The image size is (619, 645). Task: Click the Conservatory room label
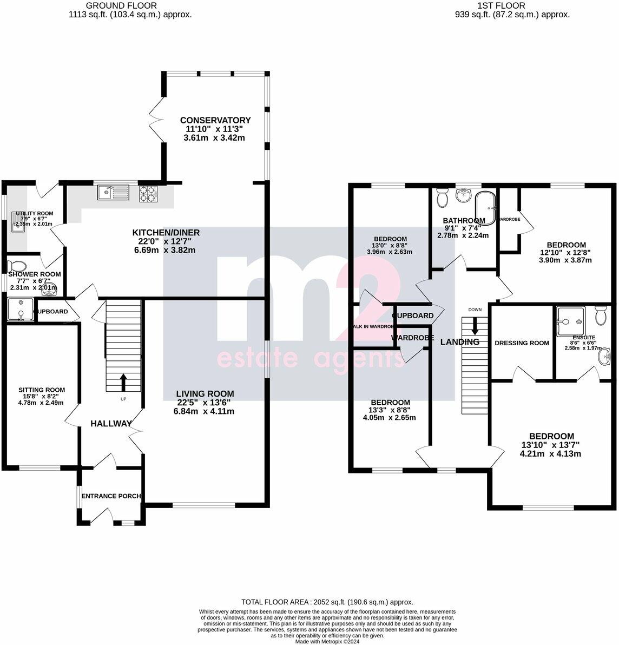pyautogui.click(x=215, y=120)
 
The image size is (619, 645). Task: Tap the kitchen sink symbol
pyautogui.click(x=113, y=192)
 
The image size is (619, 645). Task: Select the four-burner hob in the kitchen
pyautogui.click(x=148, y=193)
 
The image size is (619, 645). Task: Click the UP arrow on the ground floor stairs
pyautogui.click(x=123, y=382)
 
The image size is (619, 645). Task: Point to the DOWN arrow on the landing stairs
pyautogui.click(x=475, y=326)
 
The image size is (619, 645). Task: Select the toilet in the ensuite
pyautogui.click(x=601, y=314)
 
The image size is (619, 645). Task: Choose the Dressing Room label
pyautogui.click(x=522, y=343)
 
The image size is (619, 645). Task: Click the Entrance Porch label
pyautogui.click(x=111, y=496)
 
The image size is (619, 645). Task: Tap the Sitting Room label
pyautogui.click(x=42, y=390)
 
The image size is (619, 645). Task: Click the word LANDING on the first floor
pyautogui.click(x=459, y=342)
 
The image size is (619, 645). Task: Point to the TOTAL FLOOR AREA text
pyautogui.click(x=327, y=602)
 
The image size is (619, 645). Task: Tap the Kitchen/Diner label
pyautogui.click(x=166, y=233)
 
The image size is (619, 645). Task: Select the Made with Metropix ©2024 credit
pyautogui.click(x=327, y=642)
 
